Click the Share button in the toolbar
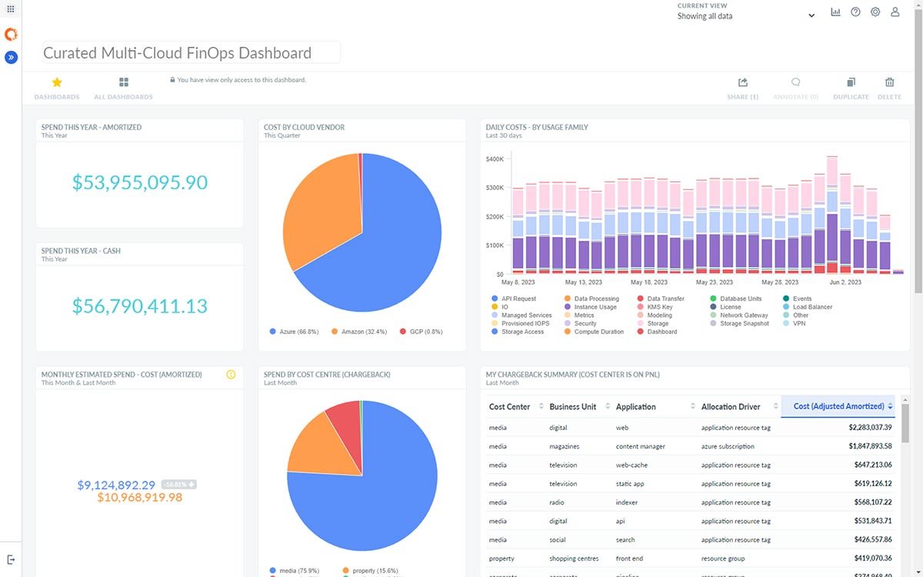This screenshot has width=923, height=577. (x=742, y=83)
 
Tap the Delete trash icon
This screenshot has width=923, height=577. (x=889, y=83)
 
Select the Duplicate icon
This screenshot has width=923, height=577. (x=851, y=83)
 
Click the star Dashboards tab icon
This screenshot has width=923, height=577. (x=56, y=82)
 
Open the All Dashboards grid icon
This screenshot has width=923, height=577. (x=123, y=82)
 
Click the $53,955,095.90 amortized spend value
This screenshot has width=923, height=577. (x=140, y=182)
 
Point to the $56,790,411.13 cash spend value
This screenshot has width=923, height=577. (x=140, y=306)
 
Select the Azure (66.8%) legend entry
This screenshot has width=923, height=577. (x=294, y=332)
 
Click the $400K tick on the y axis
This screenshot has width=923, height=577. (x=495, y=159)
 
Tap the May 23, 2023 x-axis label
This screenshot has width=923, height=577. (x=712, y=282)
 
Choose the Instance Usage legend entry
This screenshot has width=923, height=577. (x=595, y=307)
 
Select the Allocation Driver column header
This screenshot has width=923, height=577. (x=730, y=406)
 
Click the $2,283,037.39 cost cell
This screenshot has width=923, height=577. (x=870, y=427)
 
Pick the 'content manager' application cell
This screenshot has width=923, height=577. (x=640, y=446)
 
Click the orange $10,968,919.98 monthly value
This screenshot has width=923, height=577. (x=140, y=498)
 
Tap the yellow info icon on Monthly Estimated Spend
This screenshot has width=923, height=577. (x=231, y=375)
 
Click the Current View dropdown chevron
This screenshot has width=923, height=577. (x=811, y=16)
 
